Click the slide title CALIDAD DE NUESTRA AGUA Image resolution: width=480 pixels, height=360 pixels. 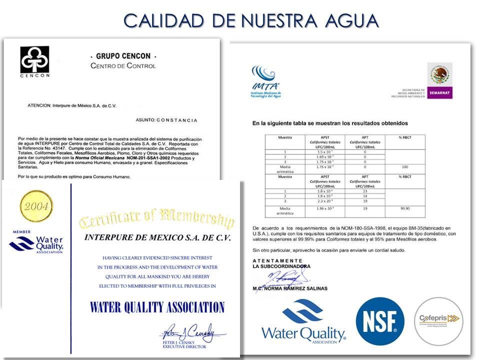(251, 20)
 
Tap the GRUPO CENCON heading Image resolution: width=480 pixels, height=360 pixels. (123, 56)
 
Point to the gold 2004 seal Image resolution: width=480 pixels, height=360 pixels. (36, 206)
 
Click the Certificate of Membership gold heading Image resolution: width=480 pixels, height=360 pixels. (156, 218)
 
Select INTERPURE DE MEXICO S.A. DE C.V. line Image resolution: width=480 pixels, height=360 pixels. (157, 238)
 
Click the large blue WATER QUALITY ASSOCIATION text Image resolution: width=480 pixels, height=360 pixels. (157, 306)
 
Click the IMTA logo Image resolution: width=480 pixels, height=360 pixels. (266, 80)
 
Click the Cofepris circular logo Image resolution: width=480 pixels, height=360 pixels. (438, 320)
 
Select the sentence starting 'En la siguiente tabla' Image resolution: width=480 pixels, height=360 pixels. (330, 123)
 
